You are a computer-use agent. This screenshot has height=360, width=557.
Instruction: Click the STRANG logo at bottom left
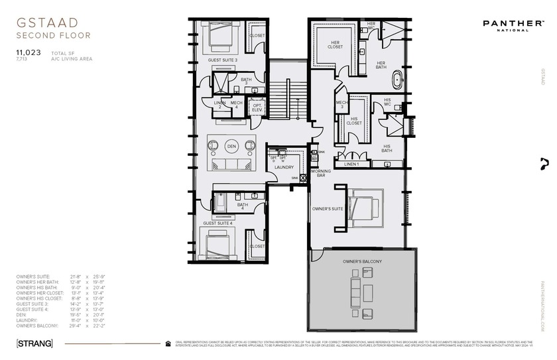[x=34, y=343]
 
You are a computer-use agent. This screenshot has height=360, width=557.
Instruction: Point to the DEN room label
[x=231, y=145]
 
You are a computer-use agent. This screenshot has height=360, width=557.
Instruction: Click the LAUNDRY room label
[x=284, y=167]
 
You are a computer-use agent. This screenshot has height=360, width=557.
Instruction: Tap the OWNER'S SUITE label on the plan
[x=327, y=208]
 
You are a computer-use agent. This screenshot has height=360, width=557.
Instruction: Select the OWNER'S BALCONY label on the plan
[x=362, y=261]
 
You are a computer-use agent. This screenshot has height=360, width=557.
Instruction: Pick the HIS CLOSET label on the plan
[x=355, y=121]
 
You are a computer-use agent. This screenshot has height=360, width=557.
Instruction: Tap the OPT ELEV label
[x=257, y=107]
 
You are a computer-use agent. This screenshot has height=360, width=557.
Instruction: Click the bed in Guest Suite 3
[x=219, y=36]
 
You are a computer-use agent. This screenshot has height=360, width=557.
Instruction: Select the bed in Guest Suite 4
[x=219, y=246]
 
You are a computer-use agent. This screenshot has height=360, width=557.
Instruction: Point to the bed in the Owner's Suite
[x=365, y=207]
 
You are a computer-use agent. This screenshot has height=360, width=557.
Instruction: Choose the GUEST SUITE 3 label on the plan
[x=223, y=60]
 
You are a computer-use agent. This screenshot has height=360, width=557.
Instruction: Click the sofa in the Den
[x=231, y=164]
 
